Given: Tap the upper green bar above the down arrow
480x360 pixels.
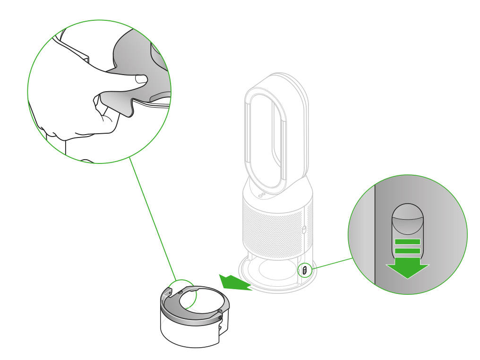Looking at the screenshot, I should point(407,241).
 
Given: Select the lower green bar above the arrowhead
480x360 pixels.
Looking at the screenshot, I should point(407,251).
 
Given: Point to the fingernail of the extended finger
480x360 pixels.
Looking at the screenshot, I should point(140,80).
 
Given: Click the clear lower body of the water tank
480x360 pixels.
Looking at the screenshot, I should point(189,333).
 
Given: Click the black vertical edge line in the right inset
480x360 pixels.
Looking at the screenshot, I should point(375,231).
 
